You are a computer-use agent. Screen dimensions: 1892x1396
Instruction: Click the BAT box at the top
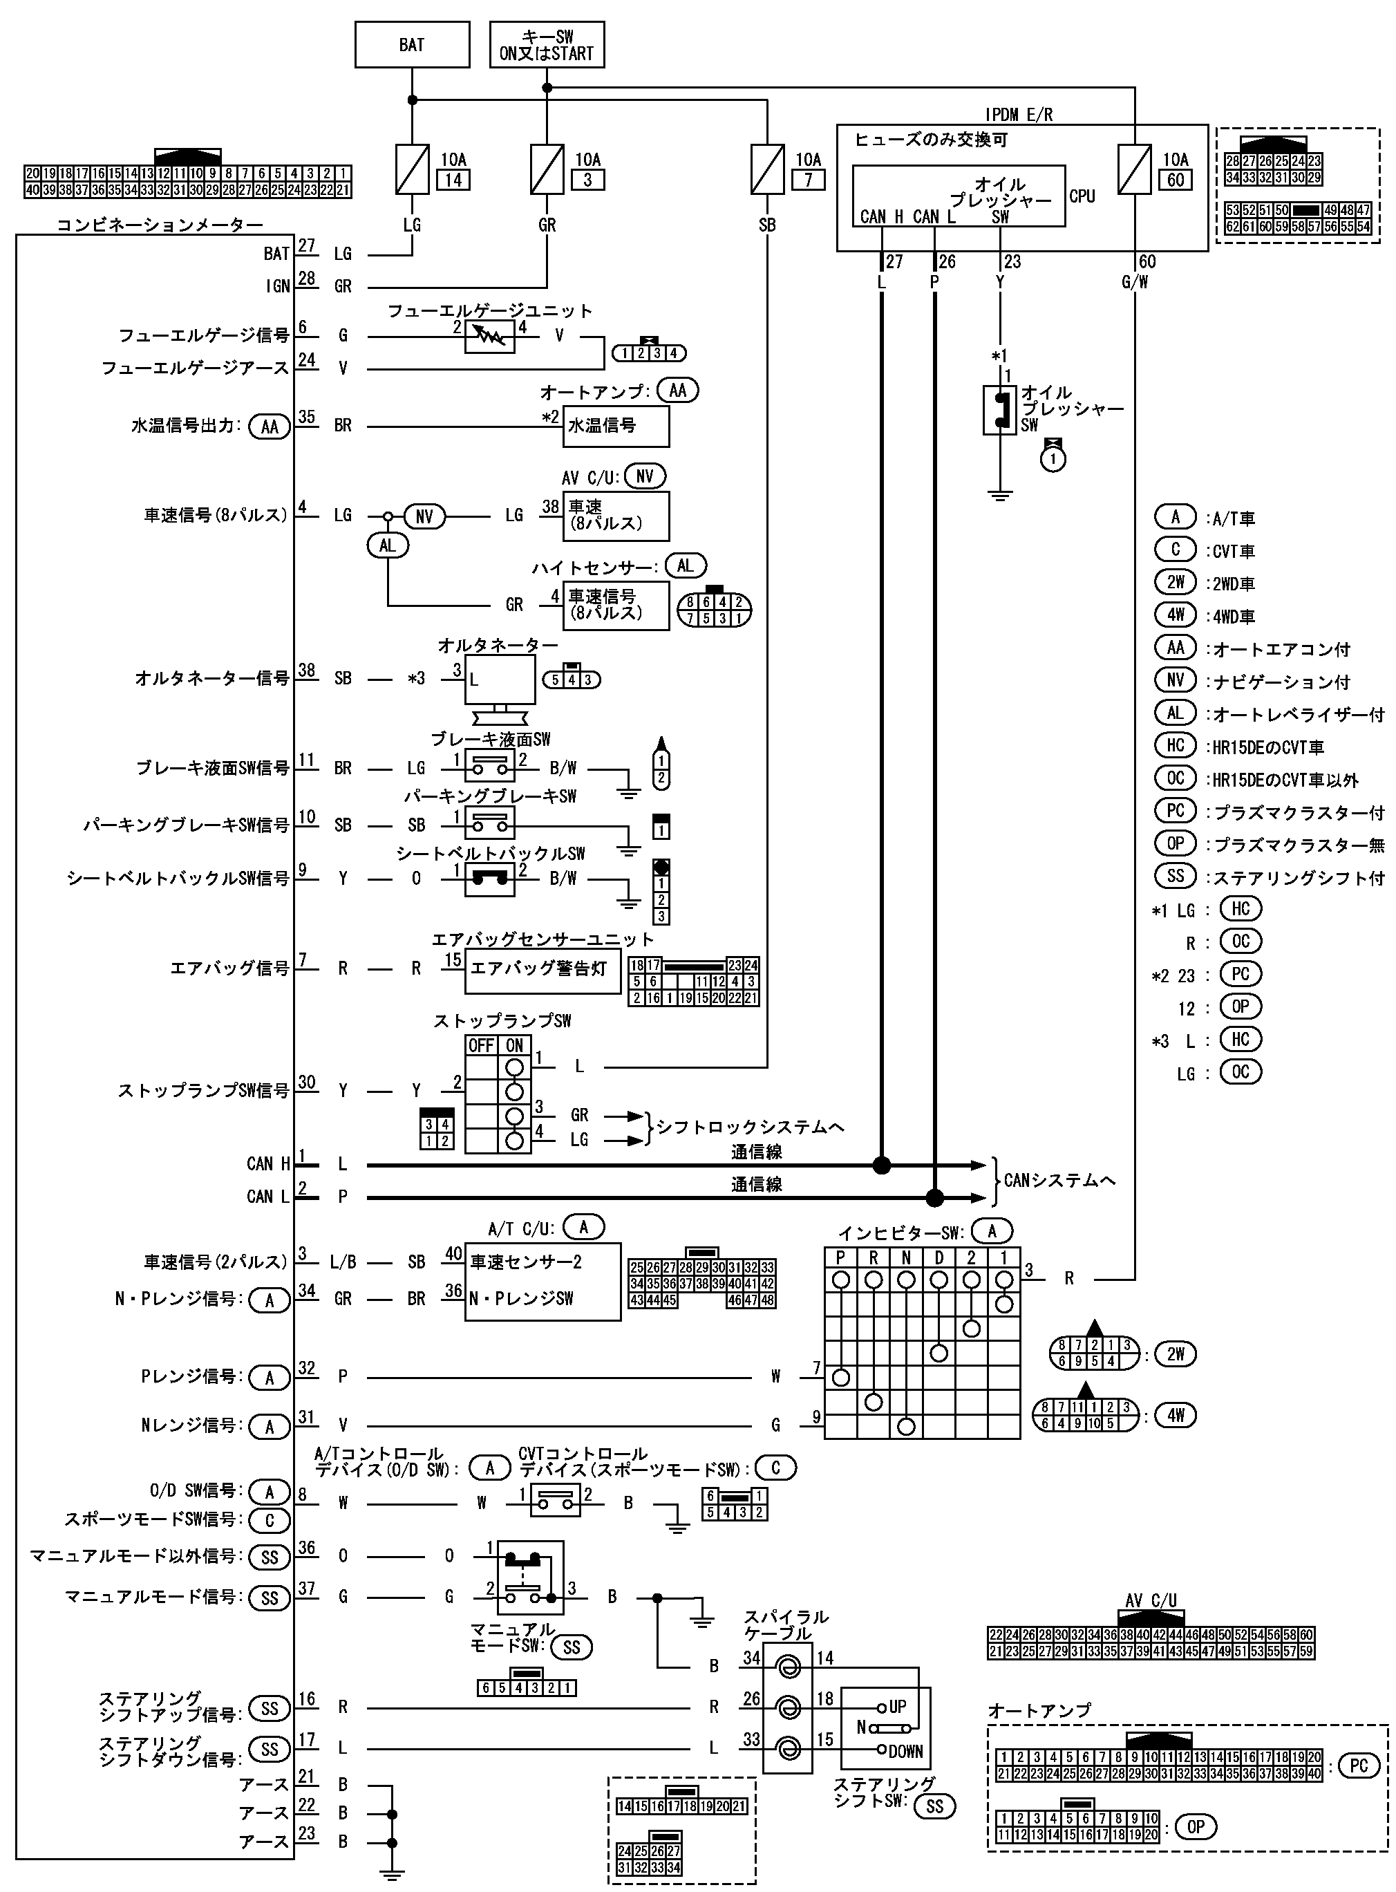tap(411, 45)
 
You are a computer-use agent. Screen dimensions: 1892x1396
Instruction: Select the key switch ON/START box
tap(547, 45)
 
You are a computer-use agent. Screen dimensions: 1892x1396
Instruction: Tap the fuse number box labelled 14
tap(453, 180)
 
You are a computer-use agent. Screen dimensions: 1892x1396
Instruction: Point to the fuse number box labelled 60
tap(1176, 180)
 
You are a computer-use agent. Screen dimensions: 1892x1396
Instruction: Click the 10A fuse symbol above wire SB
tap(766, 169)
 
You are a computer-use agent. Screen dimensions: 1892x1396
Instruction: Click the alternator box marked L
tap(500, 680)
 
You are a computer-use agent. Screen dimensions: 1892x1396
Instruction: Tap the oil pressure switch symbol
tap(1001, 410)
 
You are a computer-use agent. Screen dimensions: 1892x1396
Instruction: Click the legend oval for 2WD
tap(1175, 583)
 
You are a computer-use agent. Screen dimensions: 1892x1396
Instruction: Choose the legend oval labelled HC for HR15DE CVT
tap(1175, 746)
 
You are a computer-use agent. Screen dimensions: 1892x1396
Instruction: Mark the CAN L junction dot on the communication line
tap(934, 1197)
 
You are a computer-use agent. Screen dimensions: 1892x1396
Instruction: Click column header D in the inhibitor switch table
tap(938, 1258)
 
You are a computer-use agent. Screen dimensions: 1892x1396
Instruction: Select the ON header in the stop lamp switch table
tap(515, 1045)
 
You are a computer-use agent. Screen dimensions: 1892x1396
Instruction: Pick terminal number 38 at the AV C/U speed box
tap(550, 507)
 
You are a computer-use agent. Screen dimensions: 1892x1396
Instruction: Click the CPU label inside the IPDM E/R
tap(1082, 196)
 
